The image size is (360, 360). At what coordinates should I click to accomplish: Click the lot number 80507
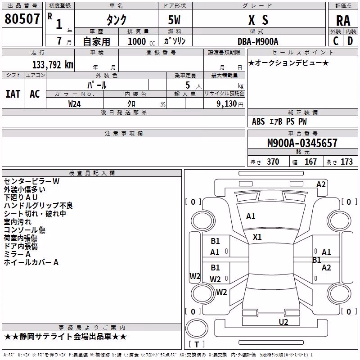pos(22,19)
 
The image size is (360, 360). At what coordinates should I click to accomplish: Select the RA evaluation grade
pos(343,21)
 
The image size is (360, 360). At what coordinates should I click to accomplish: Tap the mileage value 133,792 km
pos(53,64)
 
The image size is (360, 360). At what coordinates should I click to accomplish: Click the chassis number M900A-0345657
pos(302,143)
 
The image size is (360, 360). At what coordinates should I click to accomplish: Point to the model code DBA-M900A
pos(258,41)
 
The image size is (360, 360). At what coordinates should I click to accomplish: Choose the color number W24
pos(74,104)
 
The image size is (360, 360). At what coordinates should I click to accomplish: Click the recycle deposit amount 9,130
pos(227,104)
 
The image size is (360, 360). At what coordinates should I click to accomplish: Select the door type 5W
pos(174,20)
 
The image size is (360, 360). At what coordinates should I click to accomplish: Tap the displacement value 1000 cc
pos(141,41)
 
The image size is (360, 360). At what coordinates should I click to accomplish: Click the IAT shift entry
pos(13,94)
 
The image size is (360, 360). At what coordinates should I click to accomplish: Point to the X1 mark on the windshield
pos(257,237)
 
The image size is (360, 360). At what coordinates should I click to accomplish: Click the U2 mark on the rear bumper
pos(283,322)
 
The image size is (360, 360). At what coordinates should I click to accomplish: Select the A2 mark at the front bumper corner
pos(321,184)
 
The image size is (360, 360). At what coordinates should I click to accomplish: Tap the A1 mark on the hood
pos(251,216)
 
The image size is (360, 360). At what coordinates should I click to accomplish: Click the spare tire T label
pos(197,344)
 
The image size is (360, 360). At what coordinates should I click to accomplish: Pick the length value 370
pos(273,162)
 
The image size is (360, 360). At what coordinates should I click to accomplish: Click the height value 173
pos(346,162)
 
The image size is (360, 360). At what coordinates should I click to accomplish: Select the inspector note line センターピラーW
pos(31,181)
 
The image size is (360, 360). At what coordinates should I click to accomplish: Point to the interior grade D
pos(350,41)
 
